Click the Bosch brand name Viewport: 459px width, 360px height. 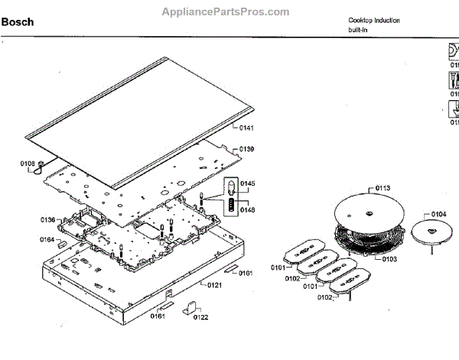[17, 22]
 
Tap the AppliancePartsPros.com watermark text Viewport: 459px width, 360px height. [226, 12]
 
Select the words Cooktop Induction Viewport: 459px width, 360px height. [374, 20]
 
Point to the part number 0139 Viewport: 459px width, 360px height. [246, 148]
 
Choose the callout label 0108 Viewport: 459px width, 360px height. [28, 163]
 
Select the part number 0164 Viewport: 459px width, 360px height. [47, 239]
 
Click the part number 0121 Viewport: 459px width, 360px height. [213, 284]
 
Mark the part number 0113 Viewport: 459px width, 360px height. [382, 187]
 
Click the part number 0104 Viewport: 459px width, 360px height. [438, 213]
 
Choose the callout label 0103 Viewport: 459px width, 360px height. [389, 259]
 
